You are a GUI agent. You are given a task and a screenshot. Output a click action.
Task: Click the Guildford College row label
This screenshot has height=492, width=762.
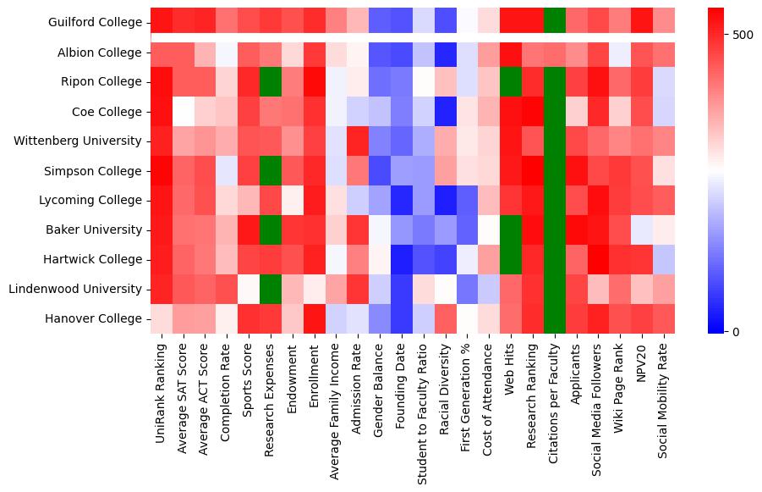95,22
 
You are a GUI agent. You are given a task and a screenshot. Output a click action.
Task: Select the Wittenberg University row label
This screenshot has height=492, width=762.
78,141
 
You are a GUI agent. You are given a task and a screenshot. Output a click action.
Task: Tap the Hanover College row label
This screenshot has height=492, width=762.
94,318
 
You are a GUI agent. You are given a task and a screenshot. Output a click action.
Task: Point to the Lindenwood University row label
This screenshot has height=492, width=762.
75,289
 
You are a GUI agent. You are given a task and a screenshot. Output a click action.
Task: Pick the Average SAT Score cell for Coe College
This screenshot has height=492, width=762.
183,111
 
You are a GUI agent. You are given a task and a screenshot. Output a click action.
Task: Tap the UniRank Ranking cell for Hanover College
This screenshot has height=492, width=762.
161,318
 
